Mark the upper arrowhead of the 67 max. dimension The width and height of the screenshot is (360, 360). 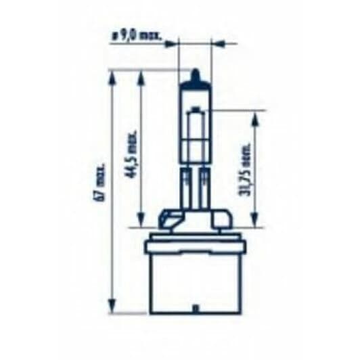pos(111,75)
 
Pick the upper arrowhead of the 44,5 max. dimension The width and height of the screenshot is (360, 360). pos(140,75)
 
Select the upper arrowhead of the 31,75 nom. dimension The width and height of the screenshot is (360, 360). pos(255,116)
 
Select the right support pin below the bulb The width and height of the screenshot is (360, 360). pos(203,186)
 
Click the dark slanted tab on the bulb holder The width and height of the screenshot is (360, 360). pos(171,220)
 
